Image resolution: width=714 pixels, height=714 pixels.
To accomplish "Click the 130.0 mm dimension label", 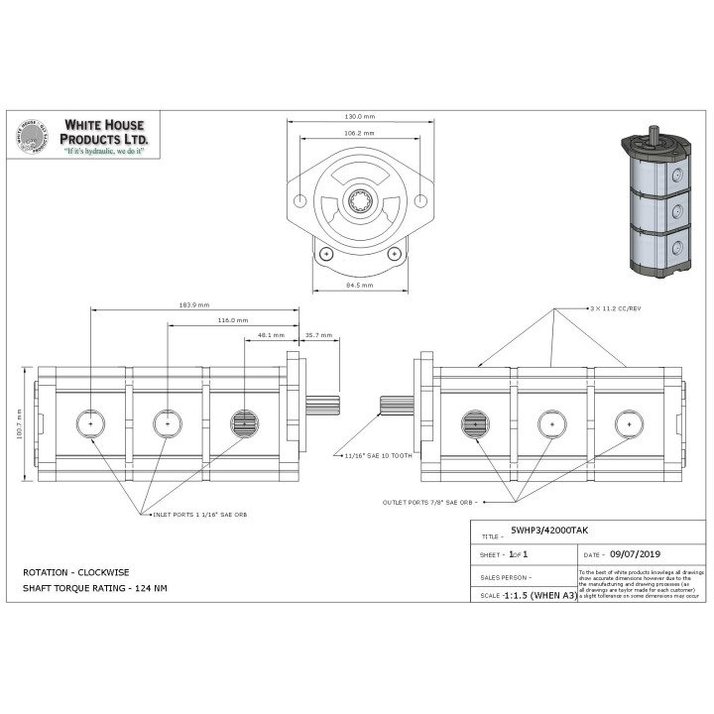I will click(359, 116).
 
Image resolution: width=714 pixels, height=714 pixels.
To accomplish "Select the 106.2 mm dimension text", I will click(359, 133).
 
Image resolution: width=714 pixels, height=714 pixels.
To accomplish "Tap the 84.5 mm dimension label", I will click(359, 285).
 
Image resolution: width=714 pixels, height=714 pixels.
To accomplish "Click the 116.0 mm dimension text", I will click(232, 320).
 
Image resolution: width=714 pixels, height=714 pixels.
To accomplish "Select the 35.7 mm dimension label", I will click(318, 335).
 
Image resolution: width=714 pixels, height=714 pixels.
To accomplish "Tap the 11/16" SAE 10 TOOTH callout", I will click(377, 456).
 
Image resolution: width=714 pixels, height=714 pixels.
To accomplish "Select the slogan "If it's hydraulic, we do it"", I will click(105, 154).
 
